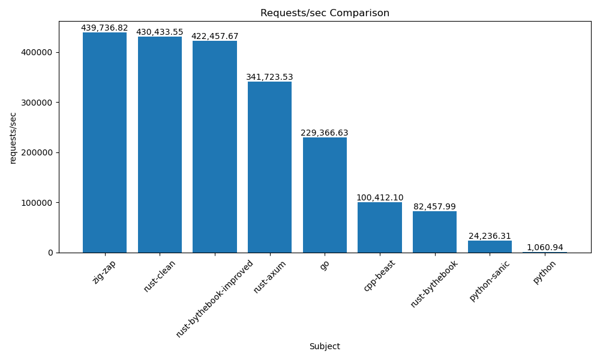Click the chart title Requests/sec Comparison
[325, 13]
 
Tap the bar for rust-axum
[270, 167]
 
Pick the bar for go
[325, 195]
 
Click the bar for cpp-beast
[380, 227]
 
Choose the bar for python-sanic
[490, 247]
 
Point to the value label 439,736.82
[104, 28]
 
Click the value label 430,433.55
[160, 32]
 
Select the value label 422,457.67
[215, 36]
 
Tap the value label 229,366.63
[325, 133]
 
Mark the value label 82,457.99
[434, 206]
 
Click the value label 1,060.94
[545, 247]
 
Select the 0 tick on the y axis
[50, 253]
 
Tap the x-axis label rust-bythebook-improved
[215, 298]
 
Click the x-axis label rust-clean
[160, 276]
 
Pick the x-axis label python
[545, 272]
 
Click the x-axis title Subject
[325, 346]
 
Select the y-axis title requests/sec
[13, 137]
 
